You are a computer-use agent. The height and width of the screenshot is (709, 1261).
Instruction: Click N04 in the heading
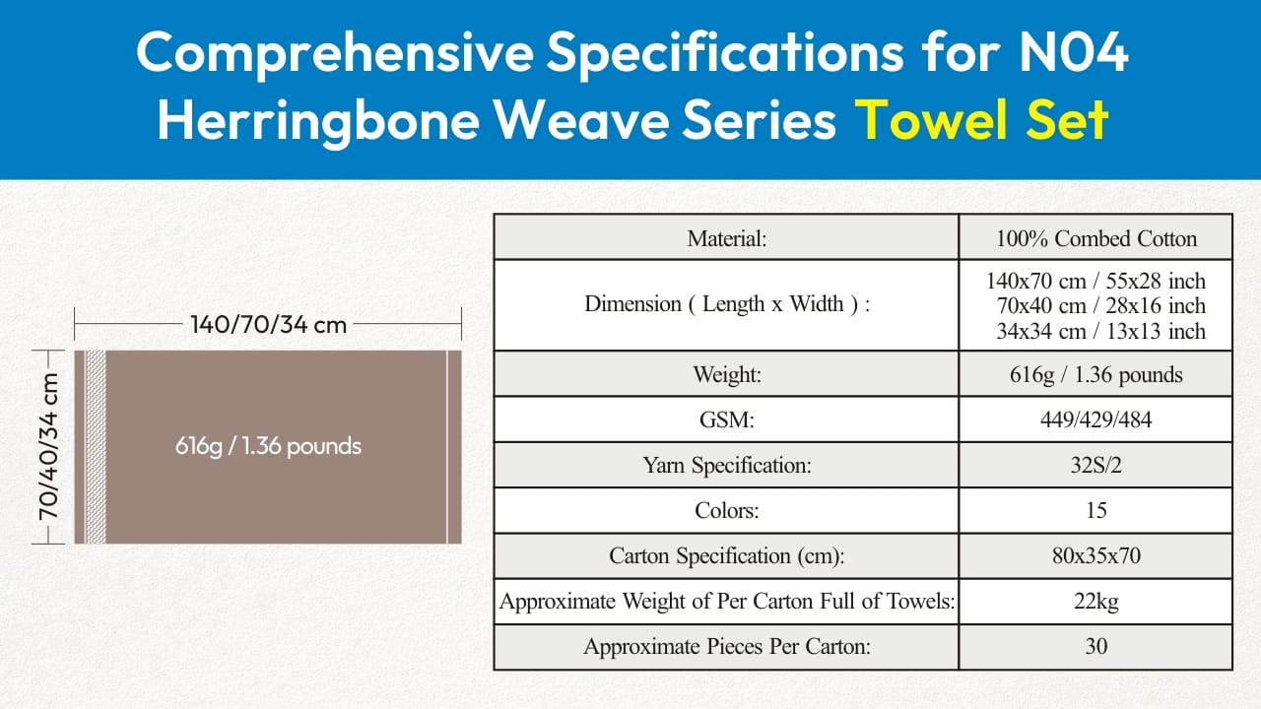(1074, 52)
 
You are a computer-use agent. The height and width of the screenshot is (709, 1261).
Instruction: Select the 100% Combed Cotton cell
(1096, 238)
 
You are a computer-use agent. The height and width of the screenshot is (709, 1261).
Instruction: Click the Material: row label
(727, 238)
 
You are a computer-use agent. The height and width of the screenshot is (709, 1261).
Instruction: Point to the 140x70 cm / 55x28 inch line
(1096, 281)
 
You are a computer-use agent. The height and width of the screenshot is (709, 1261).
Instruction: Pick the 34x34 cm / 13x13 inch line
(1101, 331)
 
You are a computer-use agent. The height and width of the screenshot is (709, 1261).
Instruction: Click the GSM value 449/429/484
(1096, 419)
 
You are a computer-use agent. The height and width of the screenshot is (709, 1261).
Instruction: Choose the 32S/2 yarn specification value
(1096, 466)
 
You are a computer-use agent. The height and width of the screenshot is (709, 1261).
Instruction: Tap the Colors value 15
(1096, 510)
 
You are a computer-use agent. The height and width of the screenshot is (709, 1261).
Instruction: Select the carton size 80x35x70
(1096, 556)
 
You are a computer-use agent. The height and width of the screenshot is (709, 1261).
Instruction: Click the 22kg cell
(1096, 602)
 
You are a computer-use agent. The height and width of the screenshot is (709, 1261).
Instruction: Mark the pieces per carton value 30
(1096, 647)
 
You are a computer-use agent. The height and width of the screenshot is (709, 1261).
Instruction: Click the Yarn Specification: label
(727, 466)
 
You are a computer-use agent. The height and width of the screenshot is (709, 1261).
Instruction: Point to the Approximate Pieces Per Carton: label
(727, 647)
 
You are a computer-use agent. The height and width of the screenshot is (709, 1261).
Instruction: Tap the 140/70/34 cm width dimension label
(269, 325)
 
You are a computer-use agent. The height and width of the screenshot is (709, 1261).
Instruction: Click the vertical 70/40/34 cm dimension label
(49, 446)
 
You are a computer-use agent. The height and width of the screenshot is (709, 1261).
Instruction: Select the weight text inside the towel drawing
(268, 446)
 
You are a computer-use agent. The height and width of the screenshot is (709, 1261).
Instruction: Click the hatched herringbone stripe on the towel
(96, 447)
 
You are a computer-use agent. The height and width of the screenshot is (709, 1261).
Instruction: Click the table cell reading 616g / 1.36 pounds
(1096, 375)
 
